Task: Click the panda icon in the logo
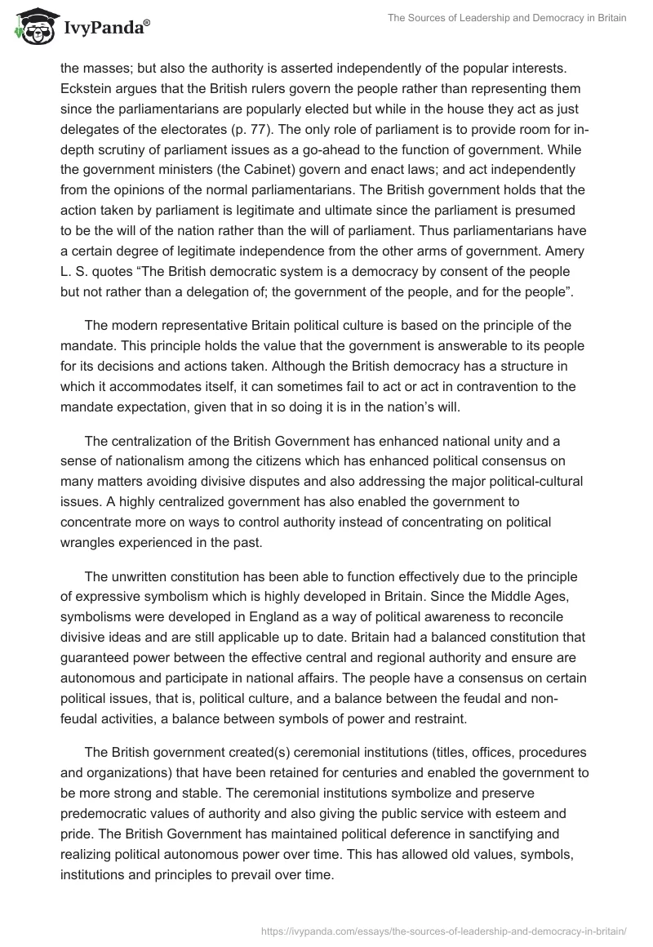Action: (32, 25)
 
